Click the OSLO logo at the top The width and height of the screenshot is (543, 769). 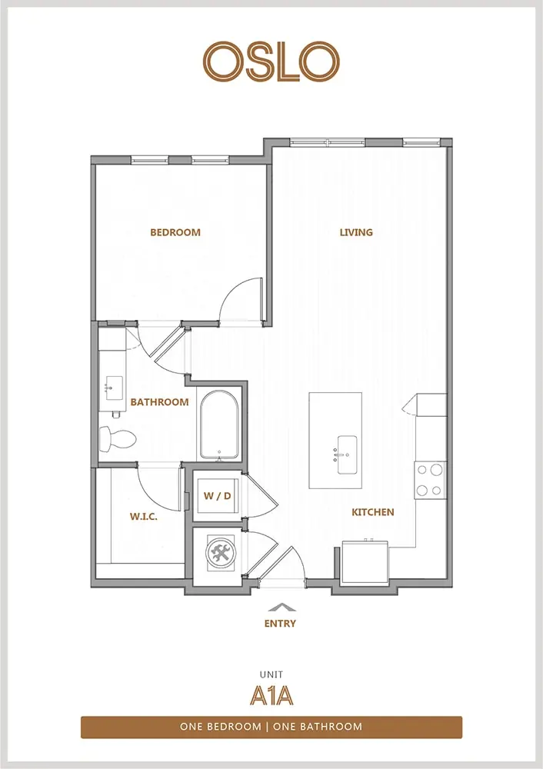(271, 62)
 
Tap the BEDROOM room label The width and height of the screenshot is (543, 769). (175, 232)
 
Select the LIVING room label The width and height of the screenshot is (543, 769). (356, 232)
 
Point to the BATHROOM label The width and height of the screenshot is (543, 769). (159, 402)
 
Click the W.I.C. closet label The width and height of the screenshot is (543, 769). (144, 517)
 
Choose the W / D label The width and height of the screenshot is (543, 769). (218, 496)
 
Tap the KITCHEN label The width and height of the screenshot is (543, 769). (373, 512)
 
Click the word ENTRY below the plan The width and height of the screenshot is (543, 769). (280, 624)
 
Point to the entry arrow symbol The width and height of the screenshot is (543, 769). (281, 607)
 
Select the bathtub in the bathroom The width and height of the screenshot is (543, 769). (219, 425)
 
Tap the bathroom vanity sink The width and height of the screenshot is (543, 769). (114, 388)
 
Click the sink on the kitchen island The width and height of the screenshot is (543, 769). (346, 454)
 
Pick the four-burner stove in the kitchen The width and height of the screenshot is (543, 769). (430, 481)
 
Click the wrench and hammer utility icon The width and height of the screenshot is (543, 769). (221, 553)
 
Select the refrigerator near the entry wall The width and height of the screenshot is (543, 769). (365, 561)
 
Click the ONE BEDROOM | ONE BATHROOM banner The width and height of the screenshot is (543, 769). (271, 727)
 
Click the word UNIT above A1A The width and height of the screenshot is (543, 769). (271, 675)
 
